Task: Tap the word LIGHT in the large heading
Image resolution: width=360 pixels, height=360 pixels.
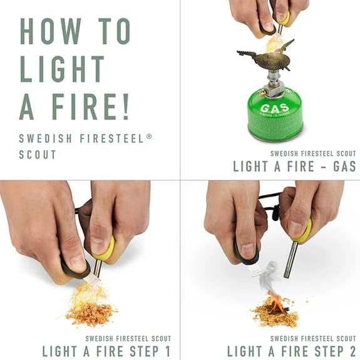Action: (61, 69)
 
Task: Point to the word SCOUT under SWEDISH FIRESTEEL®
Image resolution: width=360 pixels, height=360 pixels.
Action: (38, 154)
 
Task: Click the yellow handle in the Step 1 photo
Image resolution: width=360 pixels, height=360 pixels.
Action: (105, 249)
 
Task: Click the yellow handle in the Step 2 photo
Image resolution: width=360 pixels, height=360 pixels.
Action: (304, 231)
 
